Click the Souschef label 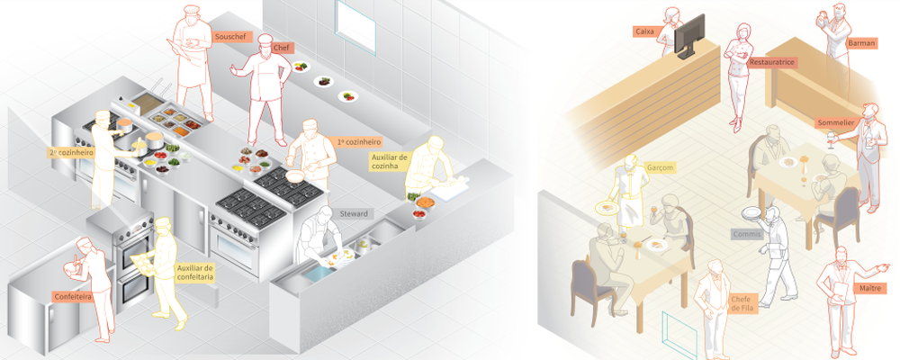coord(225,37)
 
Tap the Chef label coord(281,48)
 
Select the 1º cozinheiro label coord(360,141)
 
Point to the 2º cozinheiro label coord(71,152)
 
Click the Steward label coord(354,214)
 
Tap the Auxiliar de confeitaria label coord(195,272)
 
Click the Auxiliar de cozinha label coord(389,161)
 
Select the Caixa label coord(644,31)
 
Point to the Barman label coord(861,42)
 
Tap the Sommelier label coord(835,123)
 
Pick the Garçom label coord(660,167)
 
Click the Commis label coord(747,234)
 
